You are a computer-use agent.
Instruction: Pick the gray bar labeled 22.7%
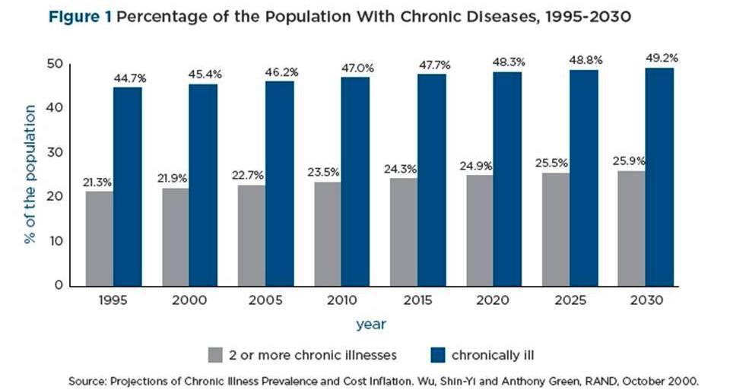tap(252, 235)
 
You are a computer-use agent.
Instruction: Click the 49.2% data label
tap(661, 58)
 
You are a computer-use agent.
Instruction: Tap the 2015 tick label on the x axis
tap(417, 301)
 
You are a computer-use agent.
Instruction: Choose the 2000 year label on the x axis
tap(189, 301)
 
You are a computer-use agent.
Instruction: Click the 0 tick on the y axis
tap(59, 286)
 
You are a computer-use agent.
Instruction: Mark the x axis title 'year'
tap(372, 325)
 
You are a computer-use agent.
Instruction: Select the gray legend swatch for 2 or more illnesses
tap(216, 355)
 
